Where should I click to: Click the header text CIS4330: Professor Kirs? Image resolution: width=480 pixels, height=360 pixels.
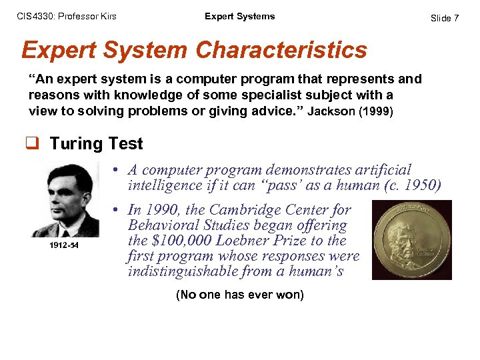[x=66, y=16]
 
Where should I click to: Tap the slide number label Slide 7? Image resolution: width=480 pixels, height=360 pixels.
[x=445, y=18]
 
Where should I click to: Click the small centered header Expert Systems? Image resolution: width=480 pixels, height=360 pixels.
[x=239, y=16]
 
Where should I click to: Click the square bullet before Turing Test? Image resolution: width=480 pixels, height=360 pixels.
[x=34, y=144]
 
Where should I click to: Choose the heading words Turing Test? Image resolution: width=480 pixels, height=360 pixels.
[x=95, y=143]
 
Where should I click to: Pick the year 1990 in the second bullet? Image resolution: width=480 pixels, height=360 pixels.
[x=163, y=211]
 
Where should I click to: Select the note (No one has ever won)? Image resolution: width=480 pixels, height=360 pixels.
[x=239, y=295]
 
